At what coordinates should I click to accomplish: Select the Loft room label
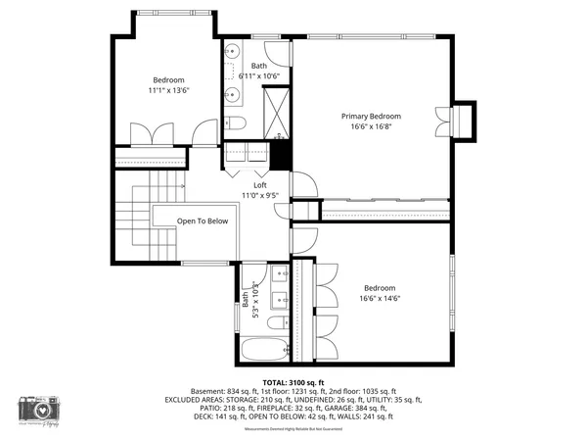coord(260,185)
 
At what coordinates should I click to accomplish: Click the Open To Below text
coord(203,220)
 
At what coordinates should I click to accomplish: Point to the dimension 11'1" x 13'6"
coord(167,91)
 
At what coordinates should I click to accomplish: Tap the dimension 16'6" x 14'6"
coord(381,299)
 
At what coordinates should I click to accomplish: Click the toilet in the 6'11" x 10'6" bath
coord(235,123)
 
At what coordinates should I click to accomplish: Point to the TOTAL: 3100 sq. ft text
coord(293,381)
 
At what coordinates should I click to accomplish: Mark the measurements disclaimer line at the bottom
coord(293,428)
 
